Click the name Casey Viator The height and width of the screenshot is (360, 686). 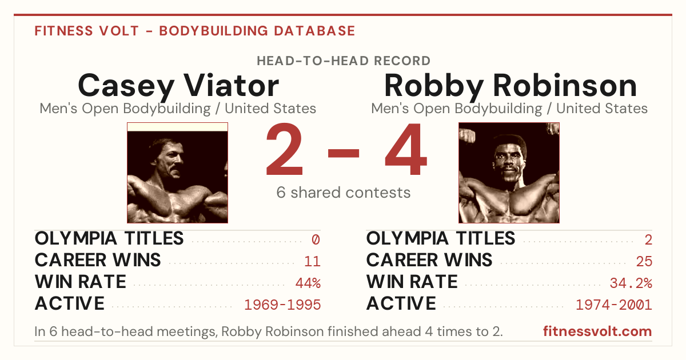point(178,86)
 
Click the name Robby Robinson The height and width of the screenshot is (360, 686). point(510,86)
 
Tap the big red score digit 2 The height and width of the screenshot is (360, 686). point(285,149)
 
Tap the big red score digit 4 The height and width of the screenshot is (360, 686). point(406,149)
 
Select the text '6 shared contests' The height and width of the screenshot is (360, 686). point(344,193)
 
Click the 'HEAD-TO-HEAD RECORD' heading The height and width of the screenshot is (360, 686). point(344,61)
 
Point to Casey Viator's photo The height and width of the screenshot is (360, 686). point(178,173)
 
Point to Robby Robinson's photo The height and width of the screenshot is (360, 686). point(509,173)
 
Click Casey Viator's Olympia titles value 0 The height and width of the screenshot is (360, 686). point(316,239)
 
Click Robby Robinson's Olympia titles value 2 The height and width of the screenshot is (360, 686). point(648,239)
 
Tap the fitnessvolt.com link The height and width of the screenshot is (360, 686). point(597,331)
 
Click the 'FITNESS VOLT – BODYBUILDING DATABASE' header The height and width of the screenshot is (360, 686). point(195,31)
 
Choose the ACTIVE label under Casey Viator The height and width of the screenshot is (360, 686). point(70,303)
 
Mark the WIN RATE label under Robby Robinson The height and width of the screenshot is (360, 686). point(412,282)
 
